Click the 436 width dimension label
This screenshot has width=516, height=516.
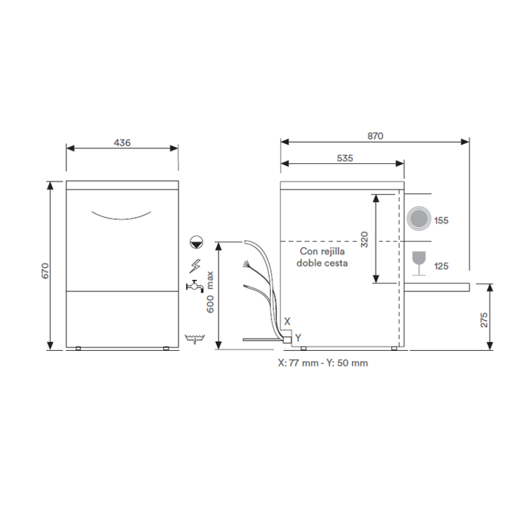(122, 143)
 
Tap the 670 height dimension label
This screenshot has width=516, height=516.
(45, 270)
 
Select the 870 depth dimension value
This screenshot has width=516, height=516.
(375, 136)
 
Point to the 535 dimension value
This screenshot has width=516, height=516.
(344, 158)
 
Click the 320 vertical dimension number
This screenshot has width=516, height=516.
(364, 239)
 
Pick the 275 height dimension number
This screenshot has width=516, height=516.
(484, 320)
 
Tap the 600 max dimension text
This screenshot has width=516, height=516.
(210, 292)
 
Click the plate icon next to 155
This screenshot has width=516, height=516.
(419, 219)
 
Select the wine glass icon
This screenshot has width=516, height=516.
(419, 263)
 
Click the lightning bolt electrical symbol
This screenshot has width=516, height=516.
(195, 266)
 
